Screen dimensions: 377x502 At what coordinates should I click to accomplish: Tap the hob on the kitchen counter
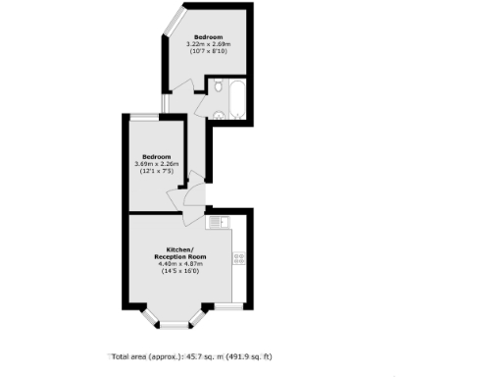[238, 258]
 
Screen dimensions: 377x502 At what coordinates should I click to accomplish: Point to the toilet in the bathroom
[220, 115]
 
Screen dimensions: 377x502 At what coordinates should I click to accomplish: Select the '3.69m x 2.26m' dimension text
[157, 165]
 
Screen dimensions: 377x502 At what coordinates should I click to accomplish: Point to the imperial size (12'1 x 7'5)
[157, 172]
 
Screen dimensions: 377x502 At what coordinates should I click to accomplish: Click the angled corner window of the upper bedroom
[175, 20]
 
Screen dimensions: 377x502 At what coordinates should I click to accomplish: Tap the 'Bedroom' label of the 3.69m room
[157, 157]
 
